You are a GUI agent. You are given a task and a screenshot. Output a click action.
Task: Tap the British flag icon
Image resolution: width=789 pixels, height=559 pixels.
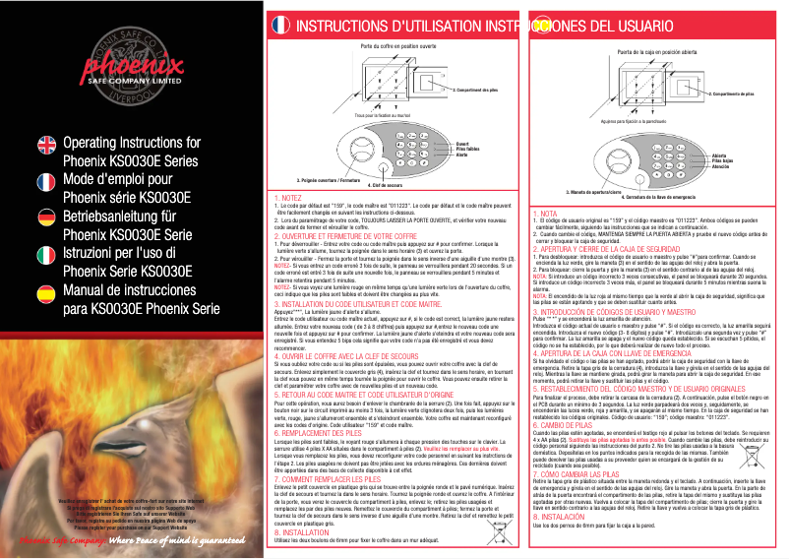click(x=47, y=147)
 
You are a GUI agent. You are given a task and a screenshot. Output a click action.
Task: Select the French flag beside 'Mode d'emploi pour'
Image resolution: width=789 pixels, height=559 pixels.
click(x=47, y=182)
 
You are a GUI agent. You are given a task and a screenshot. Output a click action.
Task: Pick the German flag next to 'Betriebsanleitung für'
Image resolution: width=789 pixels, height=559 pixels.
click(x=47, y=217)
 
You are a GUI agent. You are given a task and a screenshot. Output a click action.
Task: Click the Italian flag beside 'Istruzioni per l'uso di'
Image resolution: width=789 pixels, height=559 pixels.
click(x=47, y=254)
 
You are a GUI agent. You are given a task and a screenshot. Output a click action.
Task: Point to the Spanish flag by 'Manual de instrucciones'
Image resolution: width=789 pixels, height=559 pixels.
click(x=47, y=290)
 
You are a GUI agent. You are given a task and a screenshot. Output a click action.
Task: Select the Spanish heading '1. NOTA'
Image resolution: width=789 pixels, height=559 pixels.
click(x=545, y=213)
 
